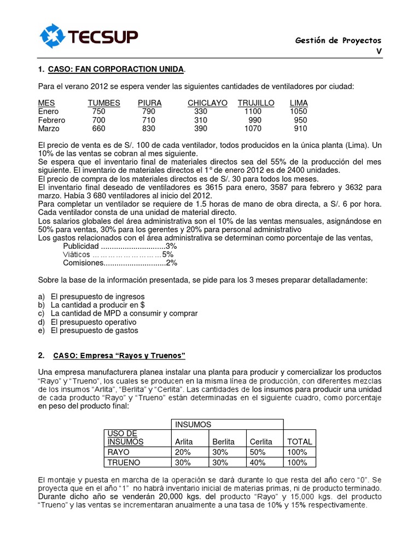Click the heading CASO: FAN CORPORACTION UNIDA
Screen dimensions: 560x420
tap(116, 69)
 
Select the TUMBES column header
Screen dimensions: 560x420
tap(103, 103)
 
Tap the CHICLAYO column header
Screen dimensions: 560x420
tap(207, 103)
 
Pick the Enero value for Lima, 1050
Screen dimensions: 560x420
tap(298, 112)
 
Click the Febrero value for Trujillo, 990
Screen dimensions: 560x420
tap(255, 120)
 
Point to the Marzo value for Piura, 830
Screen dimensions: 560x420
tap(148, 129)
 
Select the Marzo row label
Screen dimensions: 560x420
tap(49, 129)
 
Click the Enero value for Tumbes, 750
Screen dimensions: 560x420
tap(99, 112)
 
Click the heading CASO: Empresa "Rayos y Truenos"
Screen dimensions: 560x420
tap(119, 356)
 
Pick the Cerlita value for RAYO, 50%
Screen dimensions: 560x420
tap(257, 452)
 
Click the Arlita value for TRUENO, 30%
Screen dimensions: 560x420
tap(183, 463)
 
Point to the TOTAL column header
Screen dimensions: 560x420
tap(299, 441)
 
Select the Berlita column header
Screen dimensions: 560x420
tap(223, 441)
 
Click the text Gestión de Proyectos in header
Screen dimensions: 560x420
tap(338, 40)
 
